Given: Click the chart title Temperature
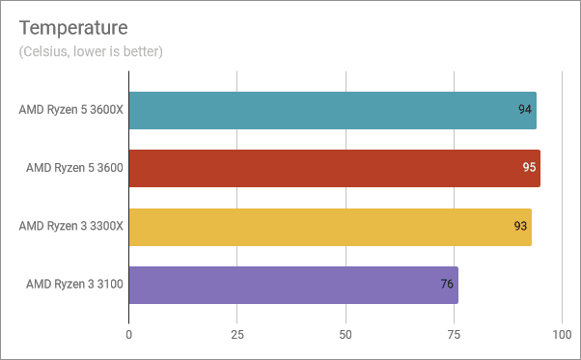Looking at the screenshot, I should [72, 24].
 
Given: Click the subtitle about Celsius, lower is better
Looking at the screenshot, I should [90, 51].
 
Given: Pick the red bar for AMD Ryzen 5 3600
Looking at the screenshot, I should [334, 168].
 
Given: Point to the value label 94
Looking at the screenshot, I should [525, 110].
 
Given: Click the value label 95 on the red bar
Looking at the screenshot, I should [529, 168].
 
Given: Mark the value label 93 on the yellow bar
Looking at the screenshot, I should [520, 227].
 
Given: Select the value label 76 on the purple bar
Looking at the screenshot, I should [447, 285].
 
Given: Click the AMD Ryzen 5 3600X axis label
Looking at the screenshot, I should [69, 110].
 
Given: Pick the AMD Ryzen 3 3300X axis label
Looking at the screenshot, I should [69, 227].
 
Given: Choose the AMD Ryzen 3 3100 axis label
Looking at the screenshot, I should [72, 285].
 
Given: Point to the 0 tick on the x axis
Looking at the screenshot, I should [128, 334].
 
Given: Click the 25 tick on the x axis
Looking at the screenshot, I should [236, 334].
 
